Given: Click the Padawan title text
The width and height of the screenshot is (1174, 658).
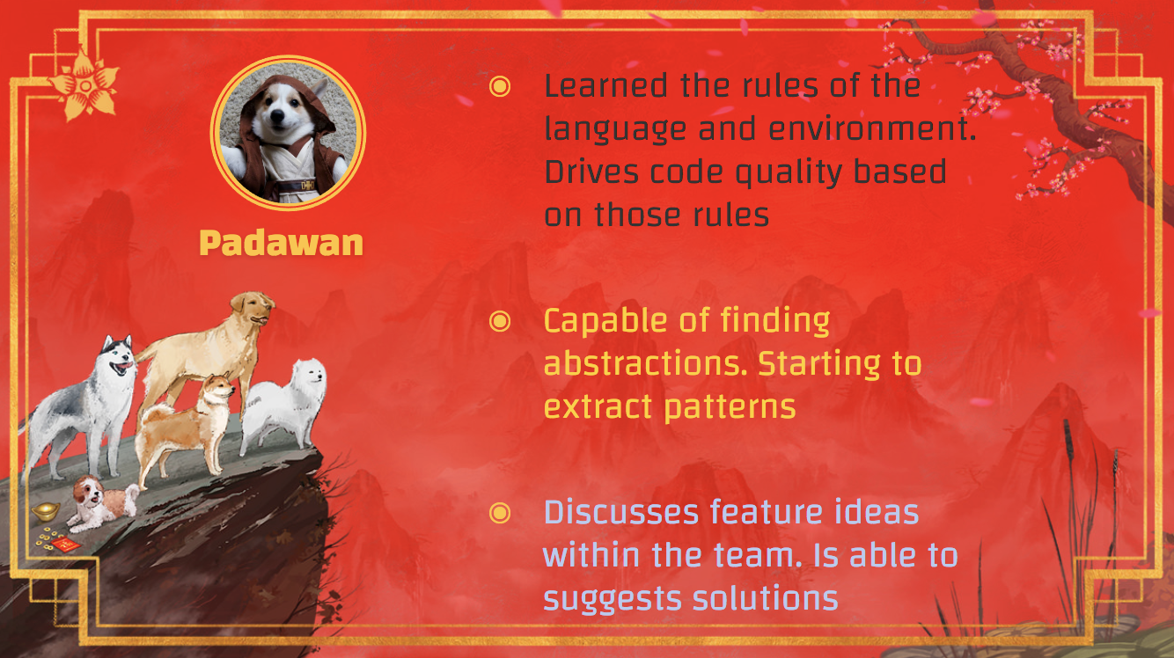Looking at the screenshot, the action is tap(281, 243).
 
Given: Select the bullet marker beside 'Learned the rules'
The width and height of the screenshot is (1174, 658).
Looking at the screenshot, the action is tap(500, 86).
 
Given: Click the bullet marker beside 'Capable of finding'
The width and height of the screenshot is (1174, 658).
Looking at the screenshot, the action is tap(500, 321).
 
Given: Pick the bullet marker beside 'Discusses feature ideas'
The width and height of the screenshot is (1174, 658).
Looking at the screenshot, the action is tap(500, 513).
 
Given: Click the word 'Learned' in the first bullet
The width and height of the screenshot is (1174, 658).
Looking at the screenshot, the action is tap(605, 85).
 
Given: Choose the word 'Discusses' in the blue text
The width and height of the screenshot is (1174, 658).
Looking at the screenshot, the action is tap(621, 512).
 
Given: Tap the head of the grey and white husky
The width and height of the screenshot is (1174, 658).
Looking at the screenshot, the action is tap(118, 355).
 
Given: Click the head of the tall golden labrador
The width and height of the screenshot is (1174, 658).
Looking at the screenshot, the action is tap(253, 308).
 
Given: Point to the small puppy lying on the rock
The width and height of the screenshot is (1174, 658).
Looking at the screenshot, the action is tap(103, 502).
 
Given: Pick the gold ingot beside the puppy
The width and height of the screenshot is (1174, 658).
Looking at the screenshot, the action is tap(46, 511).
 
